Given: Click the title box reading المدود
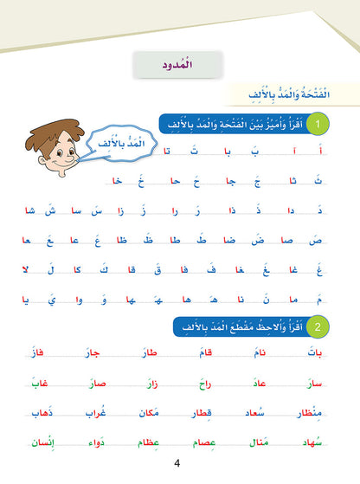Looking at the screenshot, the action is pyautogui.click(x=179, y=65).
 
